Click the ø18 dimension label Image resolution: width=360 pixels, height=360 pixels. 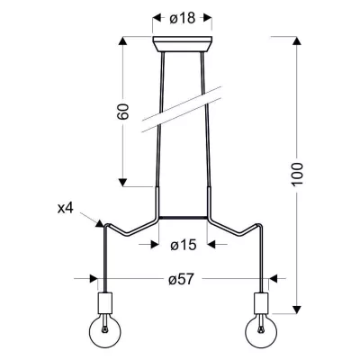pos(184,16)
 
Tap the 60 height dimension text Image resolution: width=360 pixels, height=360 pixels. pos(125,112)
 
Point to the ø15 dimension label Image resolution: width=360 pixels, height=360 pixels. pos(184,244)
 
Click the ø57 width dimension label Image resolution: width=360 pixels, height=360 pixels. pos(184,279)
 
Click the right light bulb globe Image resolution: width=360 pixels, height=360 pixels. pos(263,331)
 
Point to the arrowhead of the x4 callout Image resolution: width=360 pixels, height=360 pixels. pos(102,223)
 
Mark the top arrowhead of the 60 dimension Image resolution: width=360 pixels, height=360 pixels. pos(125,41)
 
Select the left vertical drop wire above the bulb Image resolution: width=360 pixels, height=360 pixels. pos(106,261)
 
